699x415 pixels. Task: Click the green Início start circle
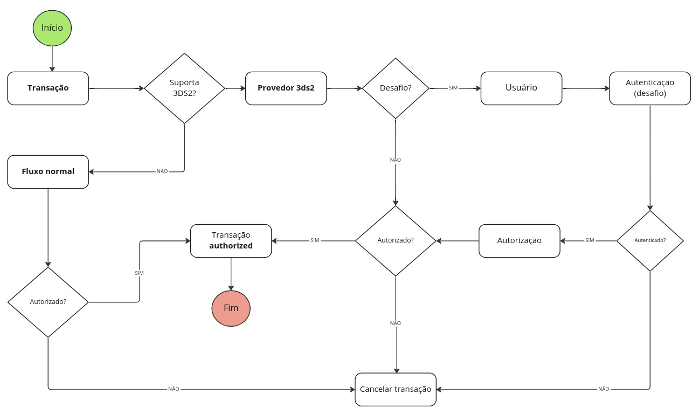coord(52,28)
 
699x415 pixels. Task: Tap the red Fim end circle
coord(231,308)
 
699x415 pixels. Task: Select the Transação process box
coord(48,88)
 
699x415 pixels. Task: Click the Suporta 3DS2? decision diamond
coord(184,88)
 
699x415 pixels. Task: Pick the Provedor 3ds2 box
coord(286,88)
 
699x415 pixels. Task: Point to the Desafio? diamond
coord(396,88)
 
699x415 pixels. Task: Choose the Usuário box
coord(521,88)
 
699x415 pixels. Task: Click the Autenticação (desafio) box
coord(650,88)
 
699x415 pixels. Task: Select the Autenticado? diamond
coord(650,240)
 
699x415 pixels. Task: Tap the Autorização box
coord(519,240)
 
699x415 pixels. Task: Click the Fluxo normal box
coord(48,171)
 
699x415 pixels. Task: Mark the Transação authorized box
coord(231,240)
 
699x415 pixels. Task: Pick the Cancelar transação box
coord(396,390)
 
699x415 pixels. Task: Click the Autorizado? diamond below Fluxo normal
coord(48,302)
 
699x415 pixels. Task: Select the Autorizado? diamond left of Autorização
coord(396,240)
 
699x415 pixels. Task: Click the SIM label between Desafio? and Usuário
coord(453,88)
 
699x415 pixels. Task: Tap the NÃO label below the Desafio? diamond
coord(396,160)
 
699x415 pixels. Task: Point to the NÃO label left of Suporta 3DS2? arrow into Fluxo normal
coord(162,171)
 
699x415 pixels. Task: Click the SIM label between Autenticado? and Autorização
coord(590,240)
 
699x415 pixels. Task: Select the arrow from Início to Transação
coord(52,59)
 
